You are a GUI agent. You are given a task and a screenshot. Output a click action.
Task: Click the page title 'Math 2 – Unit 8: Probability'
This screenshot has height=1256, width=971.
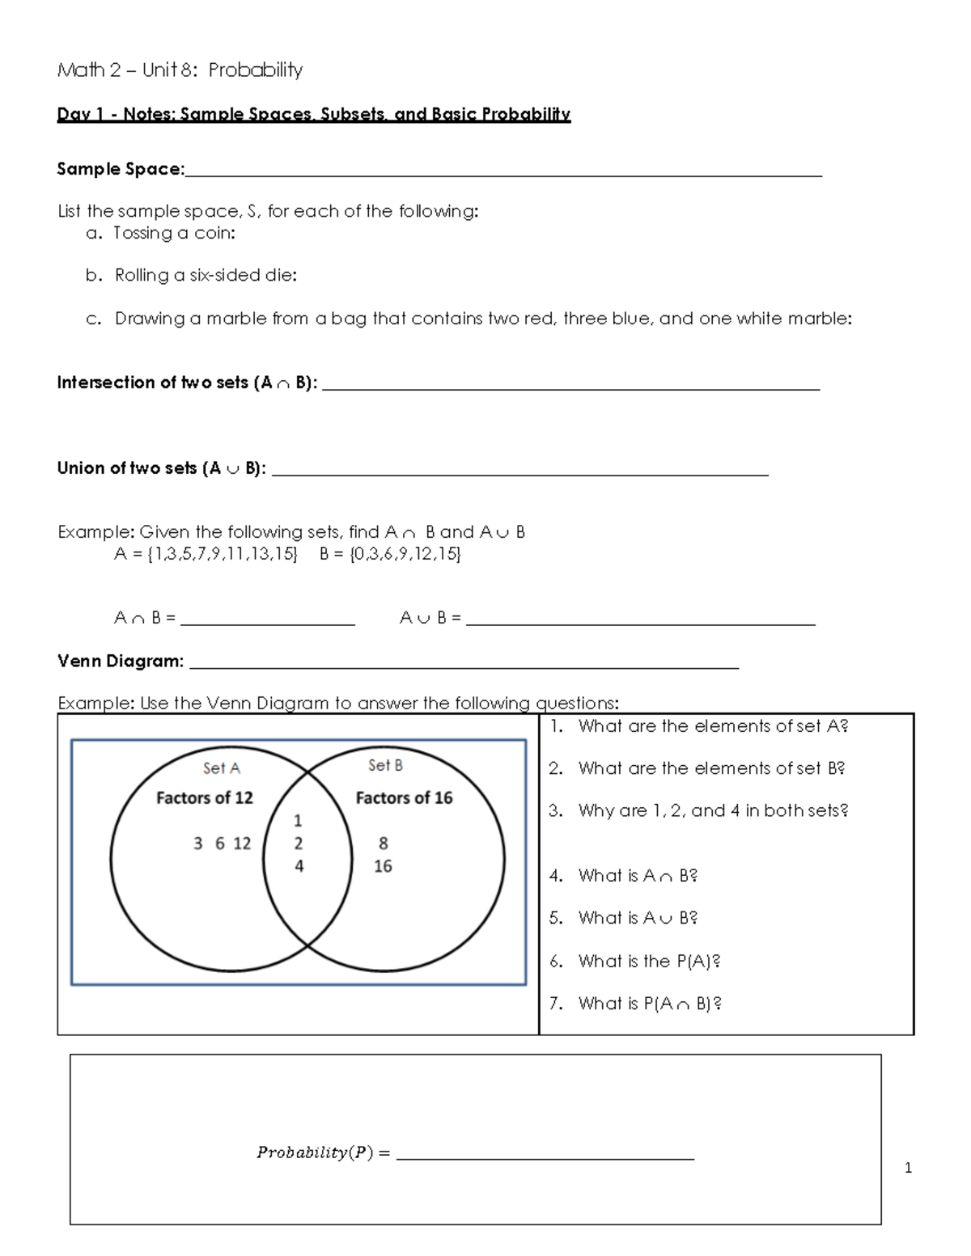click(180, 70)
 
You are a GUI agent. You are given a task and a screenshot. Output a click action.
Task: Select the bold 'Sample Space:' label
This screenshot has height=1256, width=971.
click(121, 169)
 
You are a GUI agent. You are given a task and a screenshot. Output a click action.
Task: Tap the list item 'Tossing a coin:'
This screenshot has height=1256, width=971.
click(174, 233)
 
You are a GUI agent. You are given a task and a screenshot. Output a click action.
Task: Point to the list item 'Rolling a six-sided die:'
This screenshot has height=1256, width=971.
click(206, 275)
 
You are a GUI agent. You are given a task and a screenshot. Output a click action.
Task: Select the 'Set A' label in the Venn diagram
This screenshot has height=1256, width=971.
click(222, 768)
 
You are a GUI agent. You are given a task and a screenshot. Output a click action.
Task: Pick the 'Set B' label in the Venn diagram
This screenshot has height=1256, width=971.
click(385, 765)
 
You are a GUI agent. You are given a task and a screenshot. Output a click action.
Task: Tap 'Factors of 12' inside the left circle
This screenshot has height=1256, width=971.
click(205, 798)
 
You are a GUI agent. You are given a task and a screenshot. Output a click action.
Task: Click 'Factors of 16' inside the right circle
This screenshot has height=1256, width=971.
click(404, 798)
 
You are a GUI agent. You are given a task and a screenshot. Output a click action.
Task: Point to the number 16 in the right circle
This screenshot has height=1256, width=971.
click(383, 866)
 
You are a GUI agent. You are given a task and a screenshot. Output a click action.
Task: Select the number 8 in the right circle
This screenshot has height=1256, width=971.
click(384, 844)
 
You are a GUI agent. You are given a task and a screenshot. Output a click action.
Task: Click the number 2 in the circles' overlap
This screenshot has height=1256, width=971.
click(299, 844)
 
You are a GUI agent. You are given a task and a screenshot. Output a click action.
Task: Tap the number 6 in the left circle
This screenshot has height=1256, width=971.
click(220, 844)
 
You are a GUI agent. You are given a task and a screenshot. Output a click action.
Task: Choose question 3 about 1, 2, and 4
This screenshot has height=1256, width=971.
click(712, 810)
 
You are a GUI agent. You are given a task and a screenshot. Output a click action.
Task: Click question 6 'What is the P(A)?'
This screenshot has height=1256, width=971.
click(648, 961)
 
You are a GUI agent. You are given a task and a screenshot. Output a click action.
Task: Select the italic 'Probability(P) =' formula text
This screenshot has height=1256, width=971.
click(323, 1152)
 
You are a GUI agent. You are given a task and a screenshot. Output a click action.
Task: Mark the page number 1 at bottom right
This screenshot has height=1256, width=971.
click(908, 1168)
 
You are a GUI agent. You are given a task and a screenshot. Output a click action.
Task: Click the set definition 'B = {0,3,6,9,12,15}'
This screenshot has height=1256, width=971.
click(390, 554)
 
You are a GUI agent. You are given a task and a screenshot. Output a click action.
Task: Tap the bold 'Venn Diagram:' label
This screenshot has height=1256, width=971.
click(121, 662)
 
